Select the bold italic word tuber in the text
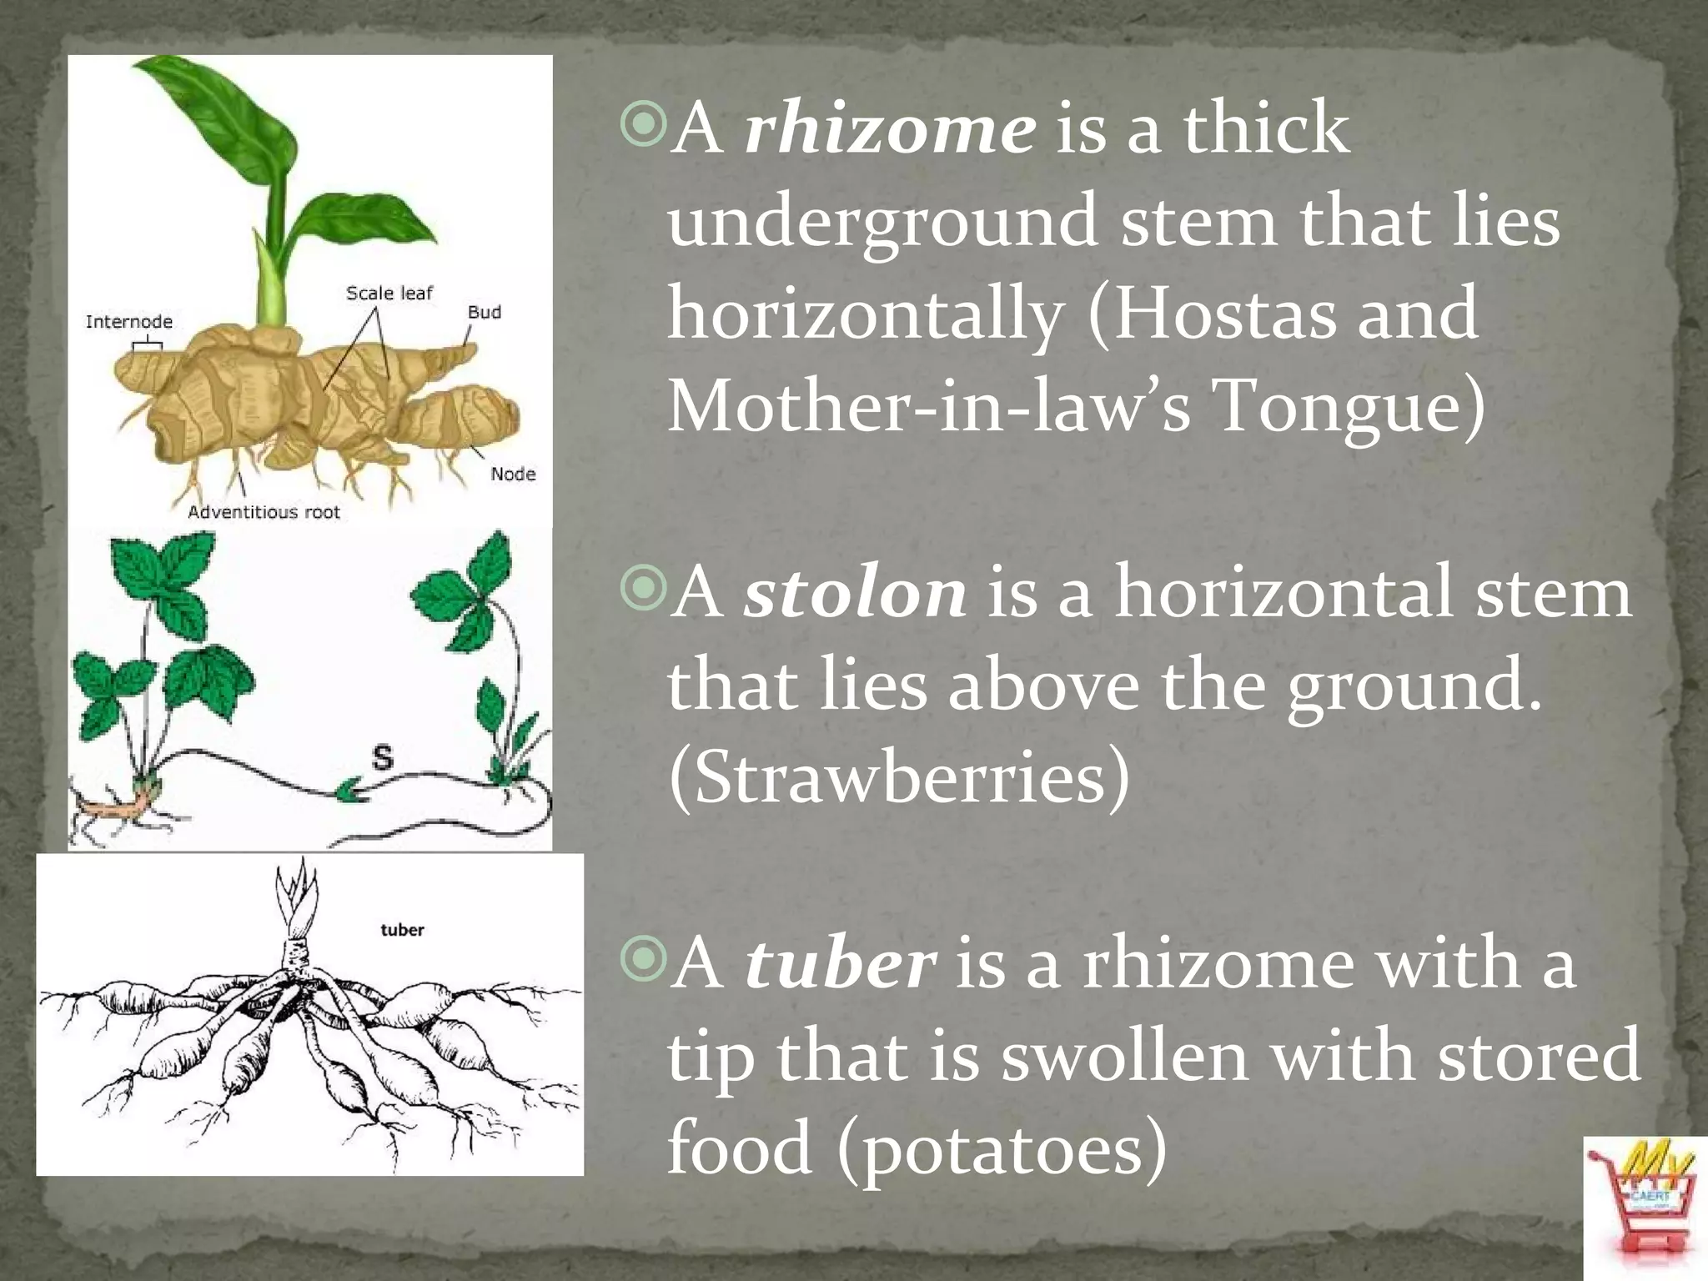pyautogui.click(x=840, y=963)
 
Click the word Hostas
pyautogui.click(x=1284, y=314)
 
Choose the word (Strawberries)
pyautogui.click(x=898, y=777)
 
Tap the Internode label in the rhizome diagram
pyautogui.click(x=129, y=322)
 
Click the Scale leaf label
pyautogui.click(x=389, y=294)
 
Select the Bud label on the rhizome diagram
pyautogui.click(x=485, y=312)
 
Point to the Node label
pyautogui.click(x=513, y=475)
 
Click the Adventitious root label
pyautogui.click(x=264, y=512)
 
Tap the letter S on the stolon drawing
pyautogui.click(x=382, y=758)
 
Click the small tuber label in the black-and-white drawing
pyautogui.click(x=402, y=930)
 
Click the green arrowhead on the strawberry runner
pyautogui.click(x=350, y=790)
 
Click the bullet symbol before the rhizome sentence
pyautogui.click(x=644, y=128)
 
